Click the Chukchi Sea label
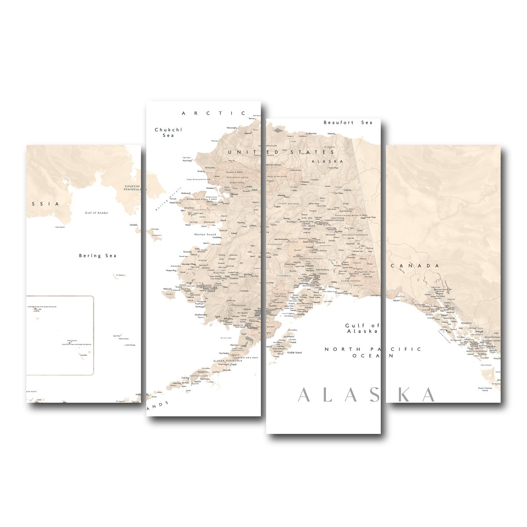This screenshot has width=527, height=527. (x=168, y=133)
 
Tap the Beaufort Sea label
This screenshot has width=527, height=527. (x=348, y=123)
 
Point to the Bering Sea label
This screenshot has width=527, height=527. (x=97, y=256)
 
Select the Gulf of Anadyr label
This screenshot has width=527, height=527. (x=97, y=213)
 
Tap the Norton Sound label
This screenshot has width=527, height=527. (x=205, y=235)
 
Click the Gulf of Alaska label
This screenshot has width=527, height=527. (x=362, y=328)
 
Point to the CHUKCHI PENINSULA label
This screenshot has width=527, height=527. (x=132, y=188)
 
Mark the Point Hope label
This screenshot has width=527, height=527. (x=187, y=161)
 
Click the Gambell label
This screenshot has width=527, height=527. (x=133, y=224)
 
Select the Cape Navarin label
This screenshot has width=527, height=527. (x=60, y=227)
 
